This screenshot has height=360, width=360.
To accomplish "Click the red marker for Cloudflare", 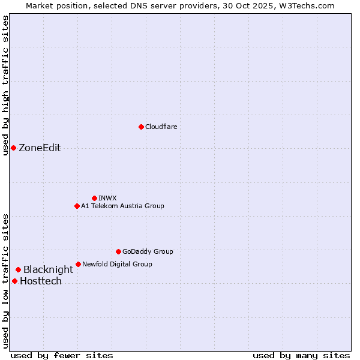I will coord(141,127).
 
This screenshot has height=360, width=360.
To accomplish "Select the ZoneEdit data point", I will coord(13,148).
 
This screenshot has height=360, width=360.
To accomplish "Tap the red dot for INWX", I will coord(94,198).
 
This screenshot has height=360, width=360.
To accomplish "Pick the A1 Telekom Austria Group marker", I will coord(77,206).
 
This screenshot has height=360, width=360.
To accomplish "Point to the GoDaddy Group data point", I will coord(118,251).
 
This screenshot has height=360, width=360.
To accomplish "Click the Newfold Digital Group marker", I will coord(78,264).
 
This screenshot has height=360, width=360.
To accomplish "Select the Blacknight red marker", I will coord(19,270).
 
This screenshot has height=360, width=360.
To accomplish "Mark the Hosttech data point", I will coord(14,281).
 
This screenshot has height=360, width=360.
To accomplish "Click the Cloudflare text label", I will coord(161,127).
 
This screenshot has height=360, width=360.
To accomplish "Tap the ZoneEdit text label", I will coord(40,148).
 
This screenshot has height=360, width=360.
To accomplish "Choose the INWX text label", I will coord(107,198).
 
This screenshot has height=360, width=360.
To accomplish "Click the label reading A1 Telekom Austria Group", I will coord(122,206).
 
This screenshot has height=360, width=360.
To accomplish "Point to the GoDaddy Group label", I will coord(148,251).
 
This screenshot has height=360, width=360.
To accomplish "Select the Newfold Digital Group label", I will coord(117,264).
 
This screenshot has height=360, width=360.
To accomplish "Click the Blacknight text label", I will coord(48,270).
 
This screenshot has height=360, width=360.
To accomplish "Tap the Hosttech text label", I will coord(41,281).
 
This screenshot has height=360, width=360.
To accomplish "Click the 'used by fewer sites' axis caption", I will coord(62,355).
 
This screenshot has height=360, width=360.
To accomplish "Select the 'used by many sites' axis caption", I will coord(301,355).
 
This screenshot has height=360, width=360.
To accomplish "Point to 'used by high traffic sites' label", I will coord(5,85).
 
